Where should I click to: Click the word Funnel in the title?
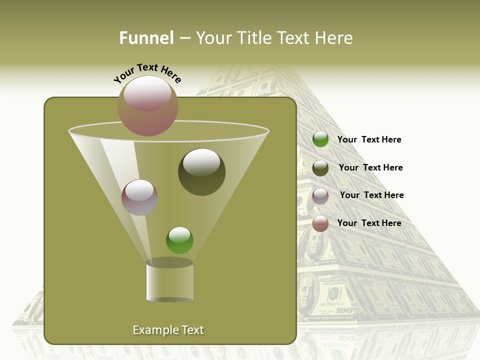146,38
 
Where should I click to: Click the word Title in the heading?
253,38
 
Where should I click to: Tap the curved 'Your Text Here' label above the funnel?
147,73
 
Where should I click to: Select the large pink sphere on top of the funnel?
148,105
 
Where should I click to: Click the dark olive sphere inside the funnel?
201,171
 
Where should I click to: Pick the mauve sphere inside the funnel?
139,197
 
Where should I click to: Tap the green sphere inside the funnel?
179,240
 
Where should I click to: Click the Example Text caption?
168,330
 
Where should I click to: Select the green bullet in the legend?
320,139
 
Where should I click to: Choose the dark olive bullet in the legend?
320,167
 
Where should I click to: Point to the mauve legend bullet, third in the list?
320,195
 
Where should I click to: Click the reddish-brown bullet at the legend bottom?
320,223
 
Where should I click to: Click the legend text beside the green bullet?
369,140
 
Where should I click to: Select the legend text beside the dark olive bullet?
370,168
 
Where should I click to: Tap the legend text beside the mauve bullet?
371,195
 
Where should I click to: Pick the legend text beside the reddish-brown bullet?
369,223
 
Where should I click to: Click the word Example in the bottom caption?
152,330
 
